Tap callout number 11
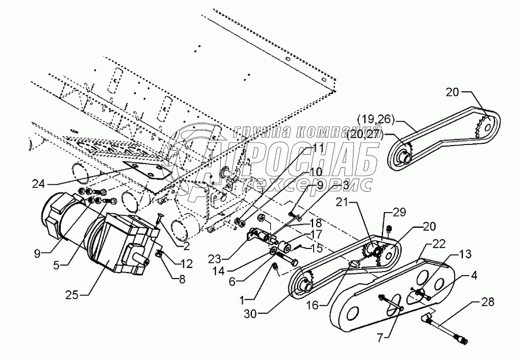(320, 149)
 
